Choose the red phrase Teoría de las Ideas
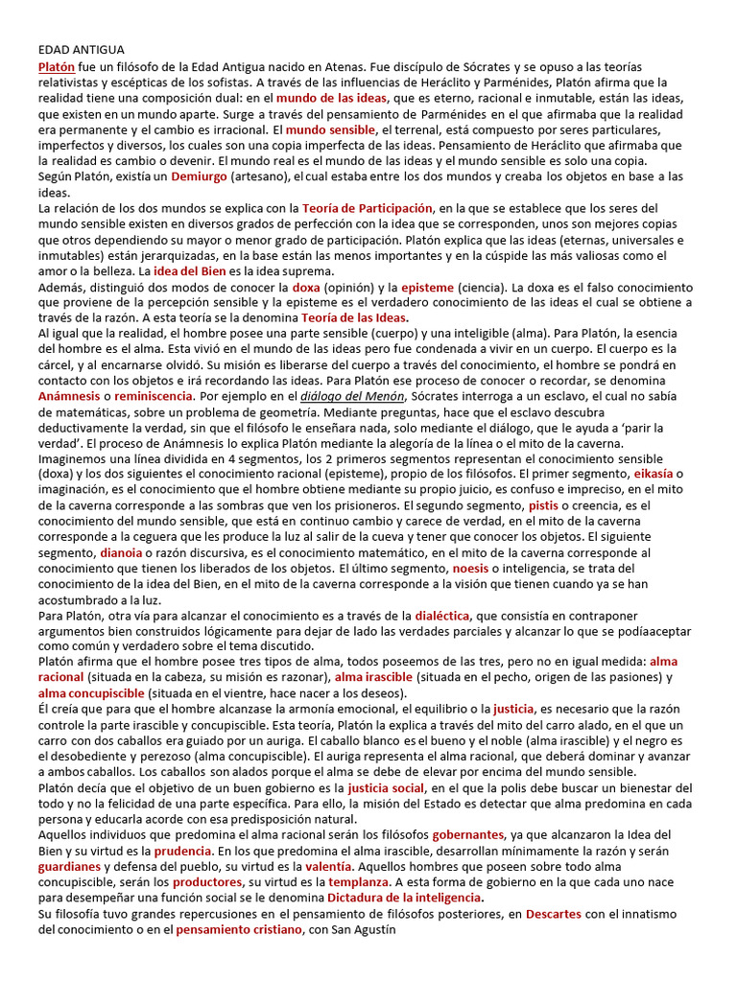click(x=354, y=317)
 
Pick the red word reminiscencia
click(x=154, y=396)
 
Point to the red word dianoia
click(x=119, y=552)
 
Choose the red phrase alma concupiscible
click(x=92, y=692)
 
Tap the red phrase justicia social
click(x=385, y=787)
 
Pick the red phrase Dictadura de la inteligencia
click(x=403, y=897)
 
